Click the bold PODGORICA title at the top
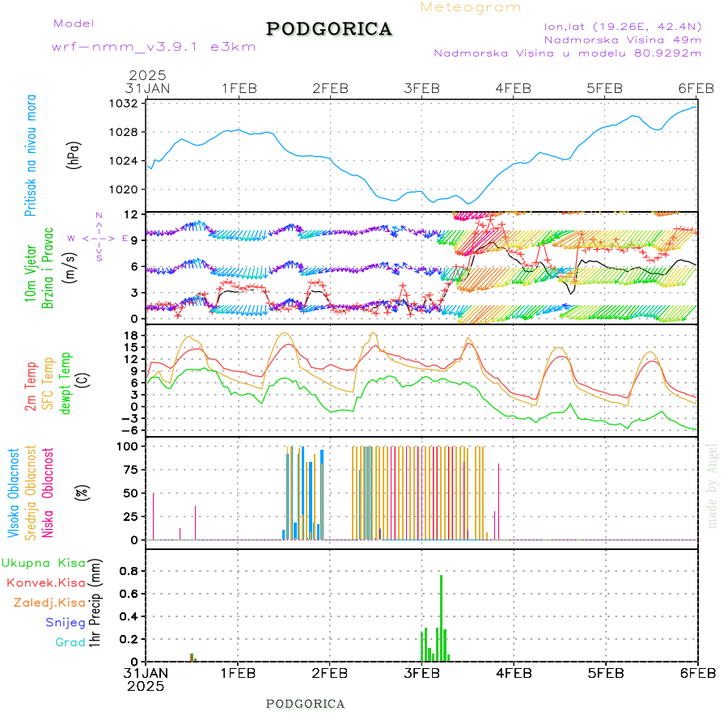pyautogui.click(x=329, y=29)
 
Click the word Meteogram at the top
pyautogui.click(x=471, y=7)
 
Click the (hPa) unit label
pyautogui.click(x=74, y=154)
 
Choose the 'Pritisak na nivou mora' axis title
pyautogui.click(x=31, y=154)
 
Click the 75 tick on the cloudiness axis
pyautogui.click(x=130, y=468)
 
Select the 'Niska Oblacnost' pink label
pyautogui.click(x=49, y=492)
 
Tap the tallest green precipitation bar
pyautogui.click(x=441, y=618)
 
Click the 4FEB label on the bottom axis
pyautogui.click(x=513, y=672)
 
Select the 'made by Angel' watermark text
pyautogui.click(x=713, y=485)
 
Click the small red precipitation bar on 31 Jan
pyautogui.click(x=192, y=657)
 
